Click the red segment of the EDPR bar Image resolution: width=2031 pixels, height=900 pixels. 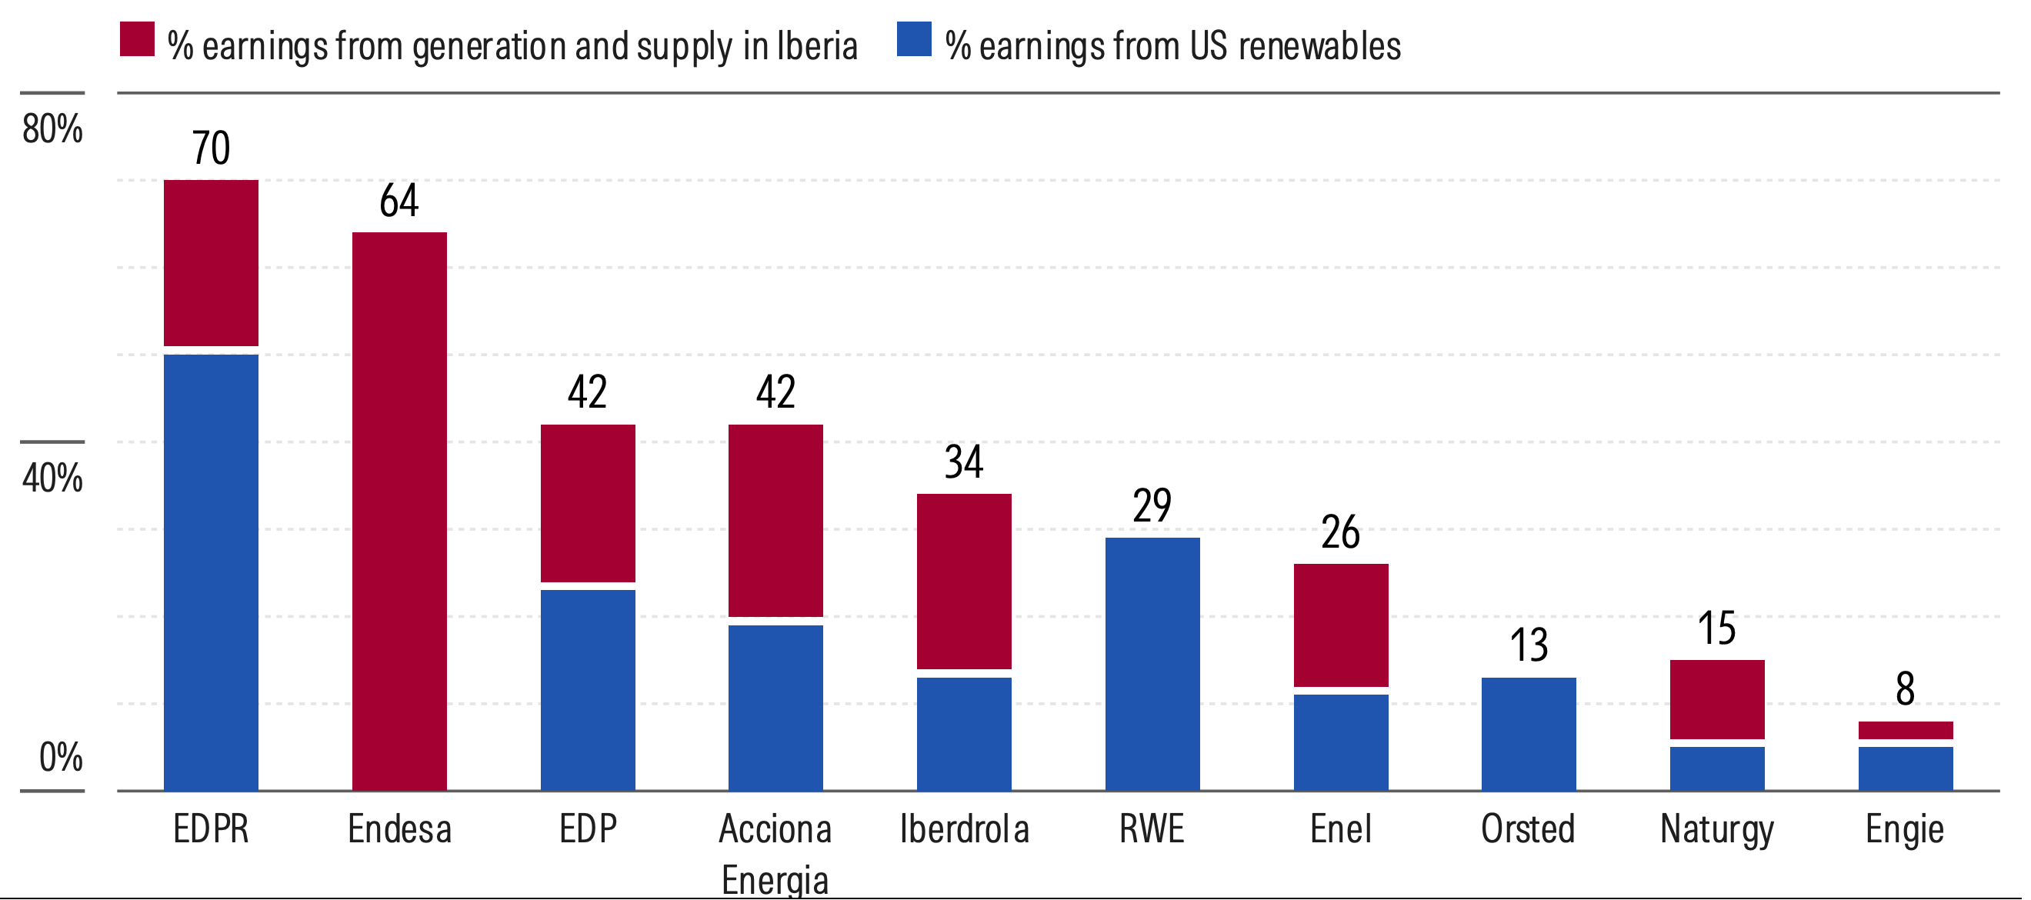click(211, 262)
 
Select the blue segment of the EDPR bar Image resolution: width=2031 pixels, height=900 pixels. click(211, 572)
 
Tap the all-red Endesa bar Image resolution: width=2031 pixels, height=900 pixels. click(399, 511)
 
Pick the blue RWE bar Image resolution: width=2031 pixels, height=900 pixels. click(1152, 664)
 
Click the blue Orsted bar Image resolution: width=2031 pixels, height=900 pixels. click(1528, 733)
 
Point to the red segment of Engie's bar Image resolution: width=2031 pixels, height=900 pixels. click(1905, 730)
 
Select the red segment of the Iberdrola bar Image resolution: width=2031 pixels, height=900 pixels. click(963, 581)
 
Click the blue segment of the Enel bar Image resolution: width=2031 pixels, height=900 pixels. click(1340, 742)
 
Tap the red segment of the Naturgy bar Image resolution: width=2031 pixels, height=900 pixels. click(1716, 699)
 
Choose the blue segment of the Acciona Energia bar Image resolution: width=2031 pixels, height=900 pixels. click(775, 707)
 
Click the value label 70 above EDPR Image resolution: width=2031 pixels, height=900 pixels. click(211, 148)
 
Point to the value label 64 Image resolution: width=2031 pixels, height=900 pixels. click(399, 200)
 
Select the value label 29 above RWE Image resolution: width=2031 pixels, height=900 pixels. click(1152, 505)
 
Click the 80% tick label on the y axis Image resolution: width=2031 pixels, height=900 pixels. click(52, 128)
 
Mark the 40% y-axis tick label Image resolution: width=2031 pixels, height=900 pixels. click(52, 478)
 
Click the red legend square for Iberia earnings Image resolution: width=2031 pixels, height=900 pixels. click(136, 38)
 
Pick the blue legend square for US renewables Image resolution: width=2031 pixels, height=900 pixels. click(914, 38)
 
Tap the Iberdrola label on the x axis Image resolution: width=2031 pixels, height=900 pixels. click(963, 829)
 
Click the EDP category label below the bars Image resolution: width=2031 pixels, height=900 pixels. click(588, 829)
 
